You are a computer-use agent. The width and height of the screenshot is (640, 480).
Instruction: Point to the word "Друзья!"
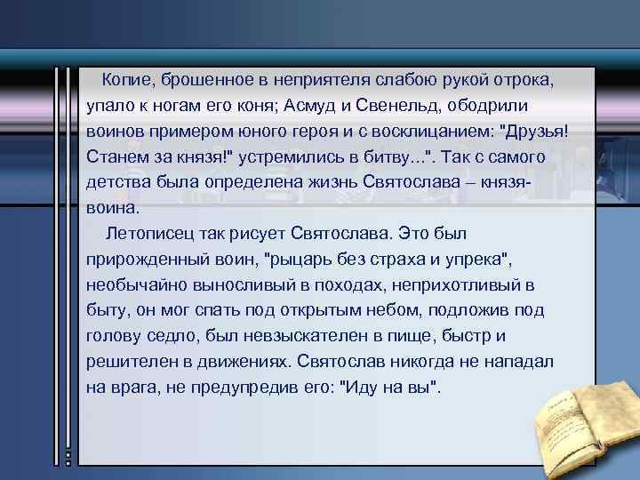535,132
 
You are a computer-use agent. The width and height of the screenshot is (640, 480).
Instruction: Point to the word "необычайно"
132,286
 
